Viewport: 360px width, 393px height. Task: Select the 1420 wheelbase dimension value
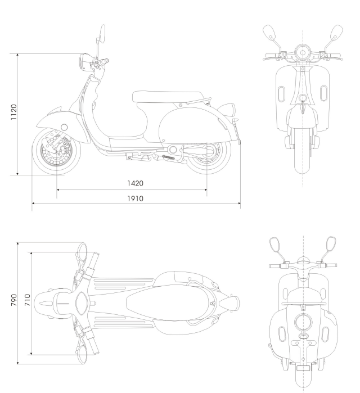[135, 183]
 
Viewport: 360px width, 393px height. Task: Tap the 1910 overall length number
[135, 198]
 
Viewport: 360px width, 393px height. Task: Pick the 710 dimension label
[26, 299]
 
